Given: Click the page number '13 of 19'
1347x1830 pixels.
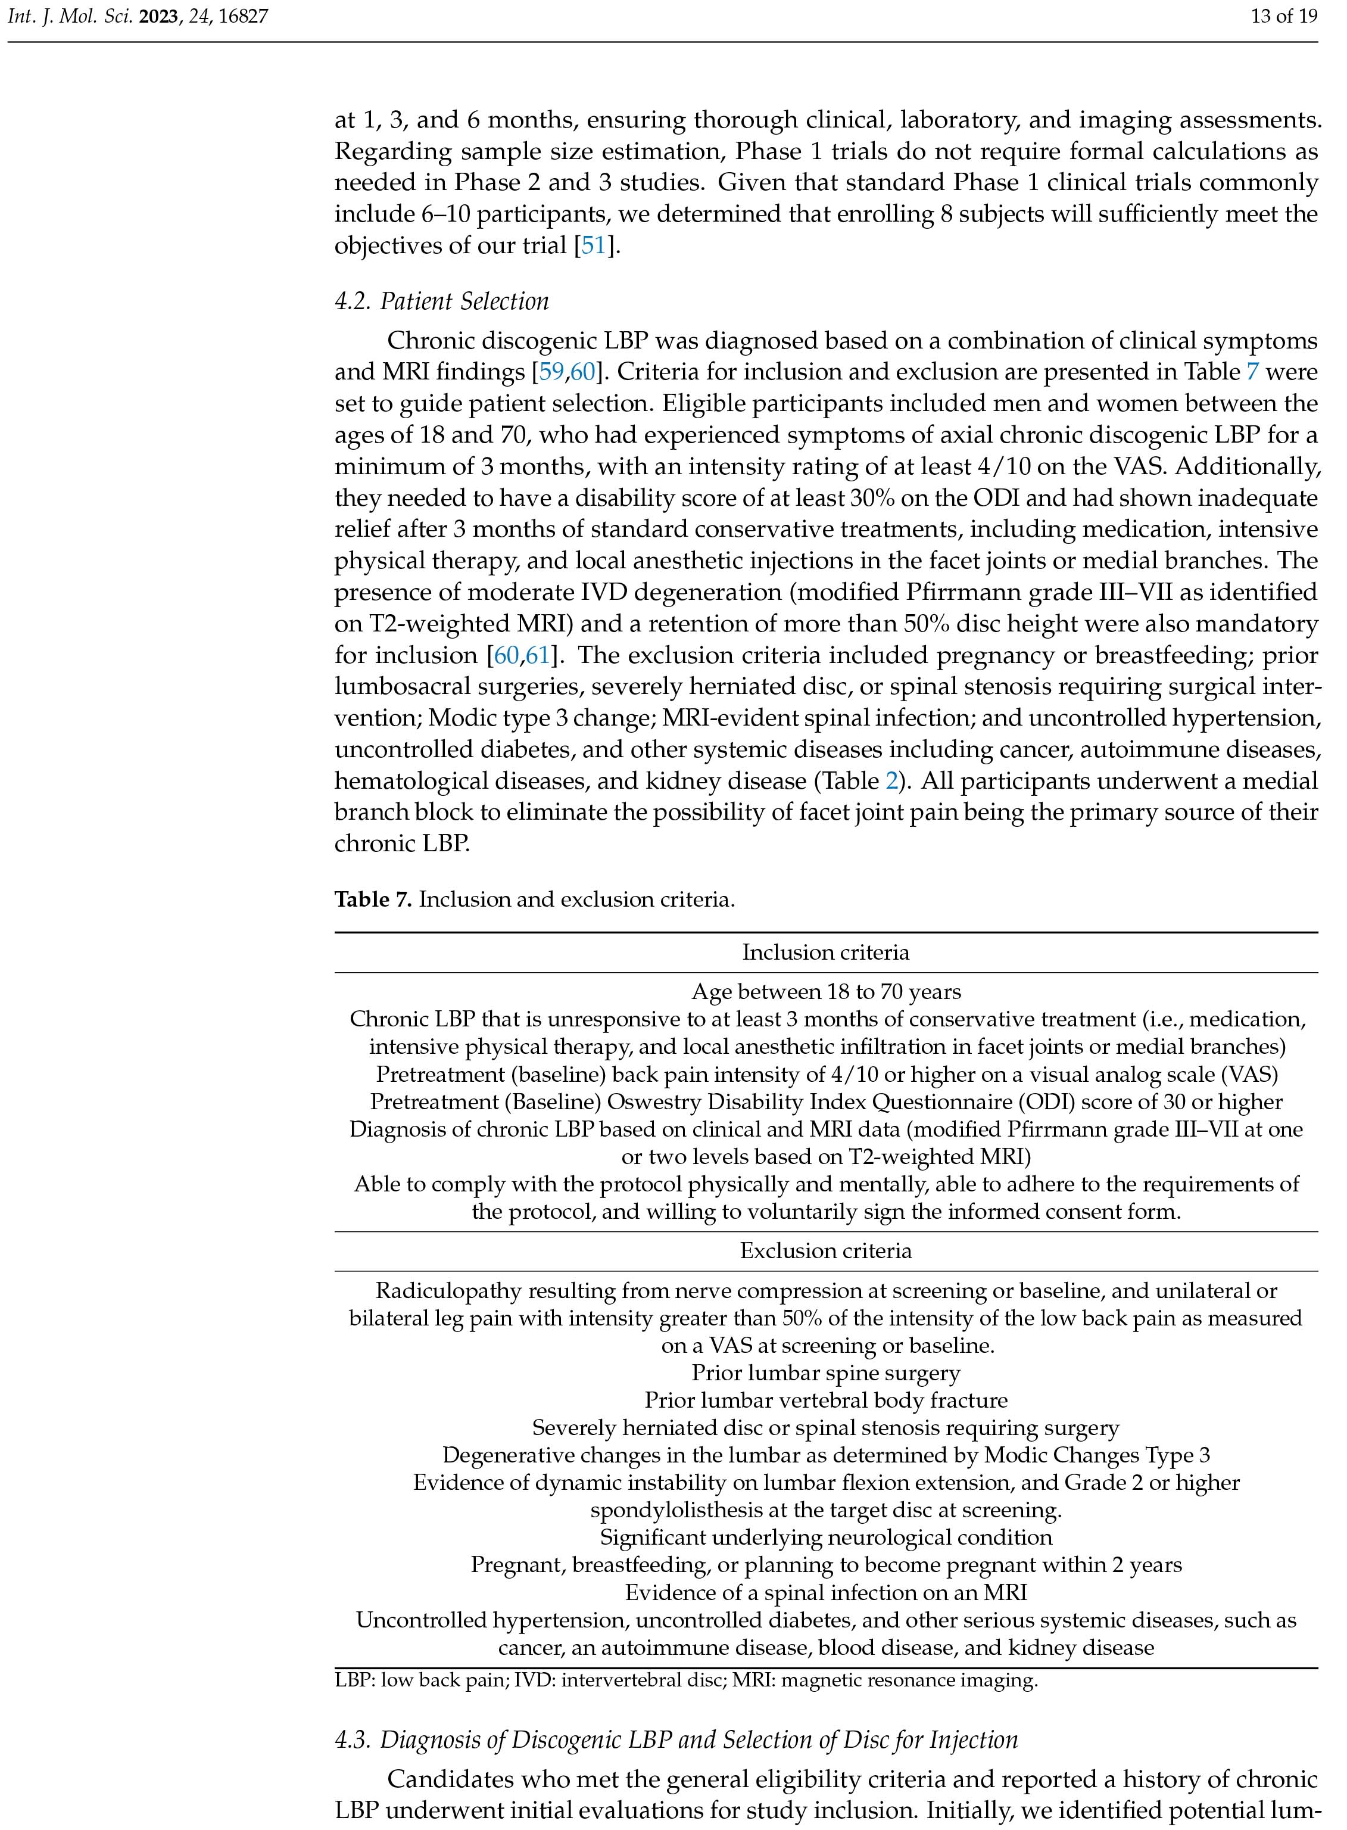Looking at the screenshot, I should pyautogui.click(x=1284, y=15).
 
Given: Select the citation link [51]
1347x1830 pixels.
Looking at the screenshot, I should pyautogui.click(x=593, y=245).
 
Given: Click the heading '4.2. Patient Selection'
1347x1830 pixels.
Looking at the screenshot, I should pyautogui.click(x=441, y=302).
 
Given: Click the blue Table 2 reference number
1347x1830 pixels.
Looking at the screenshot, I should pyautogui.click(x=892, y=781).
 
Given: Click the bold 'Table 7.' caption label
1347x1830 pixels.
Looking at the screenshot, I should pyautogui.click(x=373, y=900).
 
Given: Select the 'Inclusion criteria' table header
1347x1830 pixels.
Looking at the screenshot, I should pyautogui.click(x=825, y=953).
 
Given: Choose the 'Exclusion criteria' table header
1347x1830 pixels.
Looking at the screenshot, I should pyautogui.click(x=825, y=1251).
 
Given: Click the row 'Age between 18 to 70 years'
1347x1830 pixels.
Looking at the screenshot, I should pyautogui.click(x=825, y=992).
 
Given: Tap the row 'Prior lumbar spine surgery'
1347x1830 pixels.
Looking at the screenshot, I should pyautogui.click(x=825, y=1373).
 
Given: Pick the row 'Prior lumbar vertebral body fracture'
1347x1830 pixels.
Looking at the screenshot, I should pyautogui.click(x=825, y=1401).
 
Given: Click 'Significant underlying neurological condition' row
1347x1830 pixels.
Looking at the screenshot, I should pyautogui.click(x=825, y=1538).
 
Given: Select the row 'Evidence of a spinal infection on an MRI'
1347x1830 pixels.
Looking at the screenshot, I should pyautogui.click(x=825, y=1593).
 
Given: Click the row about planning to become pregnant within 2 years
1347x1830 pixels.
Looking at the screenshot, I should pyautogui.click(x=825, y=1565).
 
